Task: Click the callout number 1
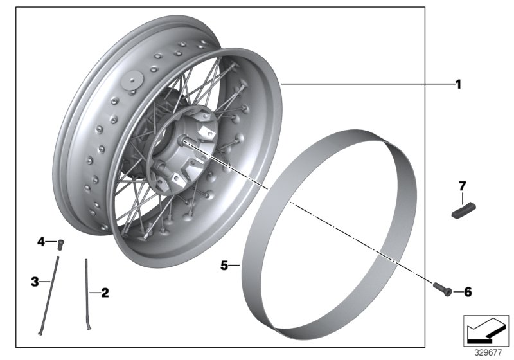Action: pyautogui.click(x=458, y=84)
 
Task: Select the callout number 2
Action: pyautogui.click(x=105, y=292)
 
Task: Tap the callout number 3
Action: pyautogui.click(x=35, y=281)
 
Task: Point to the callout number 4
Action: pyautogui.click(x=41, y=242)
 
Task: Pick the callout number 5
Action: pyautogui.click(x=225, y=264)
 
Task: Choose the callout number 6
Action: pyautogui.click(x=467, y=292)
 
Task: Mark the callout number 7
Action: pyautogui.click(x=461, y=186)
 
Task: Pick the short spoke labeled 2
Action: pyautogui.click(x=87, y=292)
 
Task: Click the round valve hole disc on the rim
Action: pyautogui.click(x=135, y=80)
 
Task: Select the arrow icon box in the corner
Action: pyautogui.click(x=486, y=331)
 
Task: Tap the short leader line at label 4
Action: pyautogui.click(x=51, y=242)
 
